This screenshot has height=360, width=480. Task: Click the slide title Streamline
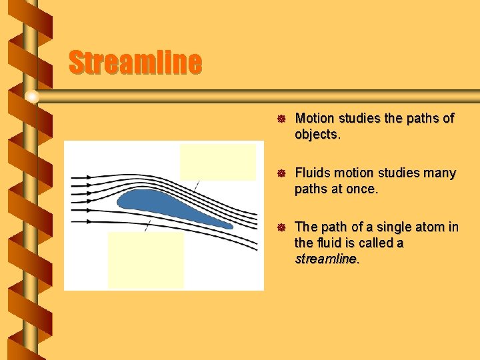pos(135,63)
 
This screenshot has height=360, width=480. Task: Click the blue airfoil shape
pos(160,203)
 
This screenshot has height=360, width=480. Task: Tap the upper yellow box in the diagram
pos(217,162)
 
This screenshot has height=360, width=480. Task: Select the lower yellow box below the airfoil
pos(145,260)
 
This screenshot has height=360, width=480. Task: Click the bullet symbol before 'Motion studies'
pos(281,119)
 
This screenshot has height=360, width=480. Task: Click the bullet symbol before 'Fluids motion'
pos(281,173)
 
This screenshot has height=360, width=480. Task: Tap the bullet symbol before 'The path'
pos(281,227)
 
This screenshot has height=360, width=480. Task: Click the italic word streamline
pos(326,259)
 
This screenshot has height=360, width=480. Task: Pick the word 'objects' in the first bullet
pos(317,135)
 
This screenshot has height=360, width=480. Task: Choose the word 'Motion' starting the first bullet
pos(315,119)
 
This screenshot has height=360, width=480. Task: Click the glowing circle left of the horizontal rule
pos(31,97)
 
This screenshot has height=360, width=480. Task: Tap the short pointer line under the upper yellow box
pos(195,186)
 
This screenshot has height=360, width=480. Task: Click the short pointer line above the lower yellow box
pos(148,225)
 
